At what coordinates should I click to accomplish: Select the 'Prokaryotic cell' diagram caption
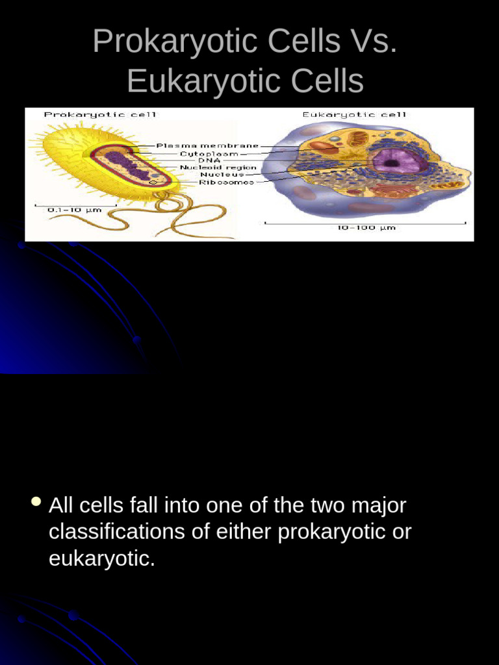click(x=100, y=115)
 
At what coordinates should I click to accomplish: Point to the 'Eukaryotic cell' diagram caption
click(x=354, y=115)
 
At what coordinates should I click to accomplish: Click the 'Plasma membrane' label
click(x=207, y=145)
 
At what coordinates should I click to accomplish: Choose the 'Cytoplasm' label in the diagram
click(x=209, y=154)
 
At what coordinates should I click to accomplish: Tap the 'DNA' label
click(x=210, y=160)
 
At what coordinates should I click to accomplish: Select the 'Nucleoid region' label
click(x=218, y=168)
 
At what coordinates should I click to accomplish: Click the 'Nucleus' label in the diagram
click(x=222, y=175)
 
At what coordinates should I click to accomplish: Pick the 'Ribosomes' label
click(x=227, y=182)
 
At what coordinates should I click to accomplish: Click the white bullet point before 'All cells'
click(x=36, y=502)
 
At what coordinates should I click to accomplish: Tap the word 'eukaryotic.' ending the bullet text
click(x=102, y=558)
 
